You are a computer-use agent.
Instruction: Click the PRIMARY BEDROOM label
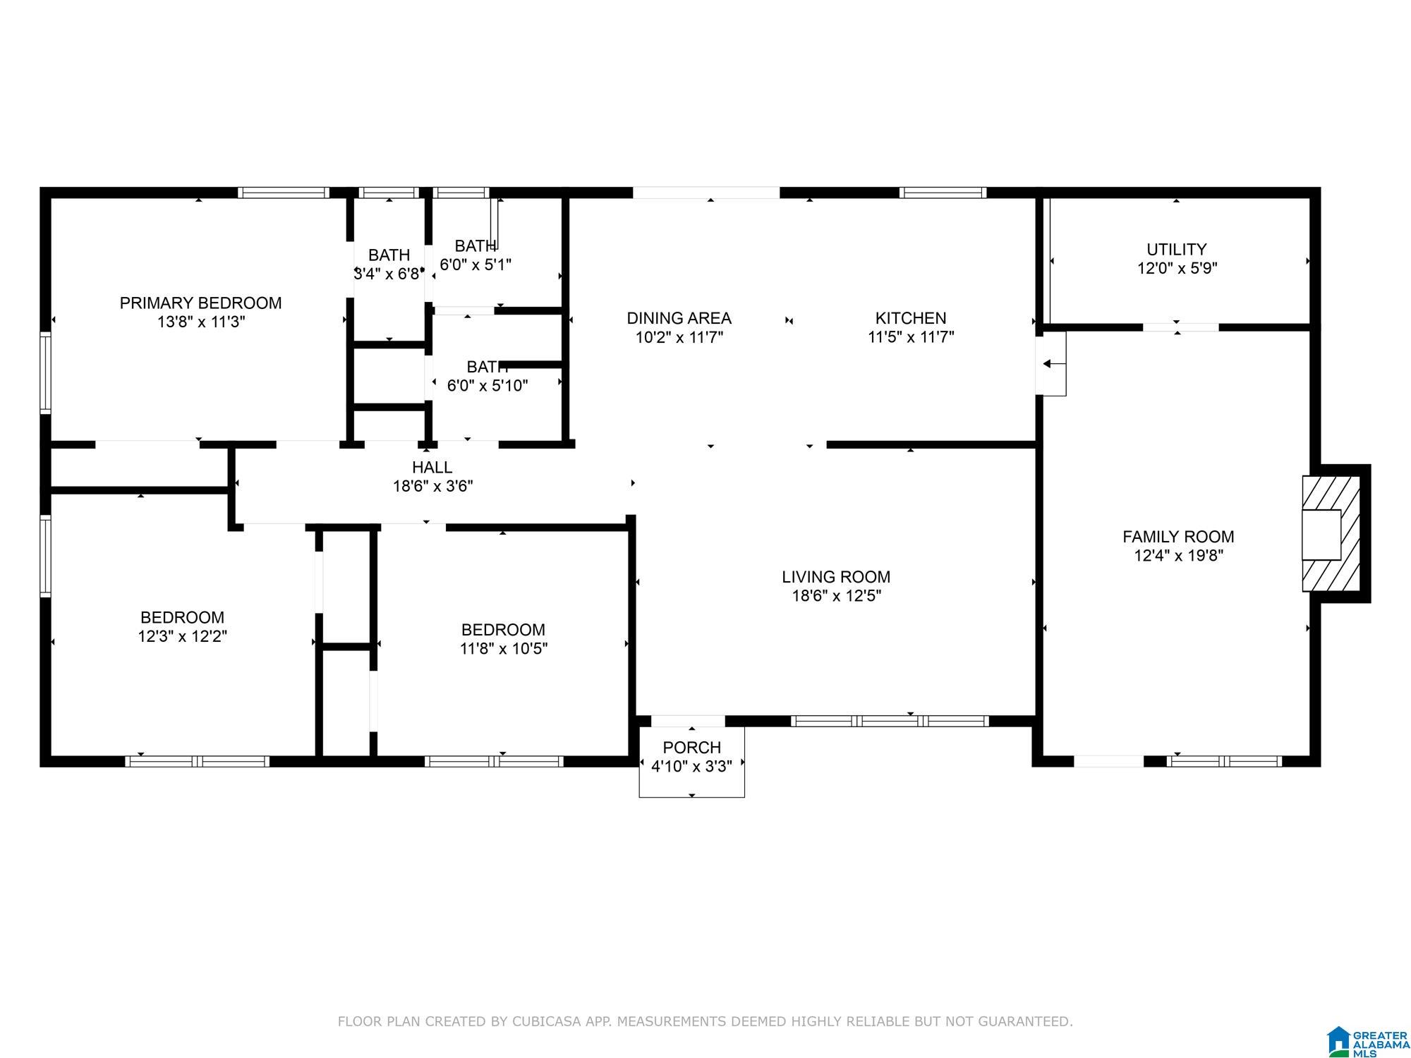click(200, 303)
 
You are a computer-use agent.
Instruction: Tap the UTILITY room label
click(1176, 250)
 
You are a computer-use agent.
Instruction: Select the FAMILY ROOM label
click(1178, 537)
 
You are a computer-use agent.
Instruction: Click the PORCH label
click(691, 748)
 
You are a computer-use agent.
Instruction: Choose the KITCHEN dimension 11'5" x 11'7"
click(911, 337)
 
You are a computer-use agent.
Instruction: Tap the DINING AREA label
click(679, 318)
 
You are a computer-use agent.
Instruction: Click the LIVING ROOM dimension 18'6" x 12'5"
click(836, 596)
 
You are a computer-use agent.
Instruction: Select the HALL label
click(432, 467)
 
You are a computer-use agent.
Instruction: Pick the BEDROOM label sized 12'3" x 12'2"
click(182, 618)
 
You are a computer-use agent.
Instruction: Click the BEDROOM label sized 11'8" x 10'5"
click(503, 630)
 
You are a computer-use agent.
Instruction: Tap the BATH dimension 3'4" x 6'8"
click(388, 274)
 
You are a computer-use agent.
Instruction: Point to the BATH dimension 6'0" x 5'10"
click(488, 386)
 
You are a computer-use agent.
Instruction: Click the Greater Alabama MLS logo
click(1367, 1042)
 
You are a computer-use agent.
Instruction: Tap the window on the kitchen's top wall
click(943, 193)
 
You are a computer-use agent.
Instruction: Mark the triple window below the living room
click(890, 721)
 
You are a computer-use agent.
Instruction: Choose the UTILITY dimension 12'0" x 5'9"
click(1177, 269)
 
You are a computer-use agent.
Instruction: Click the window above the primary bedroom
click(284, 193)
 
